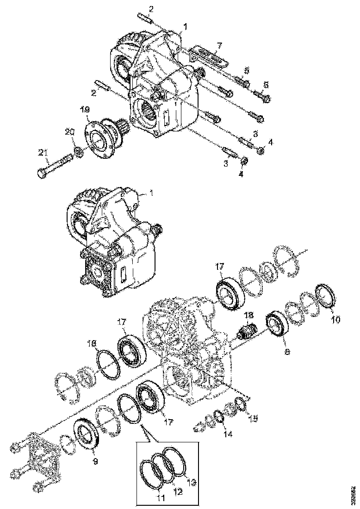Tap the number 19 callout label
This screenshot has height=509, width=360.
tap(85, 111)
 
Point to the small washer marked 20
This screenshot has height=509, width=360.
tap(79, 151)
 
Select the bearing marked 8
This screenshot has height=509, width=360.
tap(278, 325)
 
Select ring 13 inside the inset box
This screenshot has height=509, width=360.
tap(176, 461)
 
